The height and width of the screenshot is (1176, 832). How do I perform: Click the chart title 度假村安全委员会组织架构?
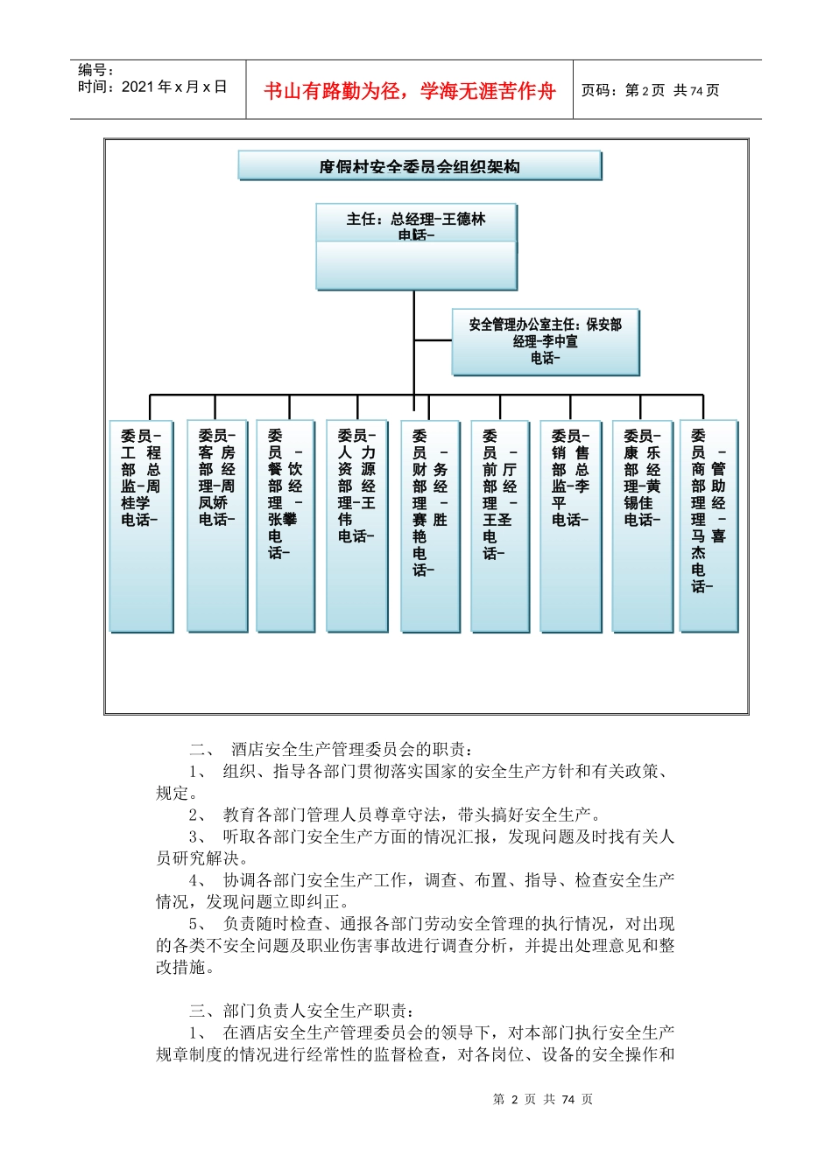pyautogui.click(x=420, y=166)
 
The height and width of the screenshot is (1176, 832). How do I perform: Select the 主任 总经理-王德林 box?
pyautogui.click(x=416, y=246)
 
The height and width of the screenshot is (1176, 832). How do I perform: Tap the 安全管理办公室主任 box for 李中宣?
pyautogui.click(x=546, y=341)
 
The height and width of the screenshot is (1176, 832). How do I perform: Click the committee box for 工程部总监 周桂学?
pyautogui.click(x=141, y=525)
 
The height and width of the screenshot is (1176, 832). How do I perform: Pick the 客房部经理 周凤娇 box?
pyautogui.click(x=216, y=525)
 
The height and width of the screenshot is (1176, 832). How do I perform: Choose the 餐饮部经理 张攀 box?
pyautogui.click(x=286, y=525)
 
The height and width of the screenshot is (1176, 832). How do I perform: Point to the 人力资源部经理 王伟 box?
pyautogui.click(x=356, y=525)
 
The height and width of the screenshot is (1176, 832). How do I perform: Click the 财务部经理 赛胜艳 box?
pyautogui.click(x=430, y=525)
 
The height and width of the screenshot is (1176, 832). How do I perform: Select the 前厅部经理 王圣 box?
pyautogui.click(x=500, y=525)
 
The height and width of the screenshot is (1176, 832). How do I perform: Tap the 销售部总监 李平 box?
pyautogui.click(x=570, y=525)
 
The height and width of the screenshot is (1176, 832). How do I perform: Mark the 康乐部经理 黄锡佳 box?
pyautogui.click(x=642, y=525)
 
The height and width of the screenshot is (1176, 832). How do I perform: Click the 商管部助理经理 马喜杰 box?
pyautogui.click(x=709, y=525)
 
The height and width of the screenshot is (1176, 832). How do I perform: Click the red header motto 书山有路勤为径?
pyautogui.click(x=409, y=91)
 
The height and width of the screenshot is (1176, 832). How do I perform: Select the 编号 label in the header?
pyautogui.click(x=95, y=70)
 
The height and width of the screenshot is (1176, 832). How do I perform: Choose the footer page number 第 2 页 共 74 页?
pyautogui.click(x=543, y=1099)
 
